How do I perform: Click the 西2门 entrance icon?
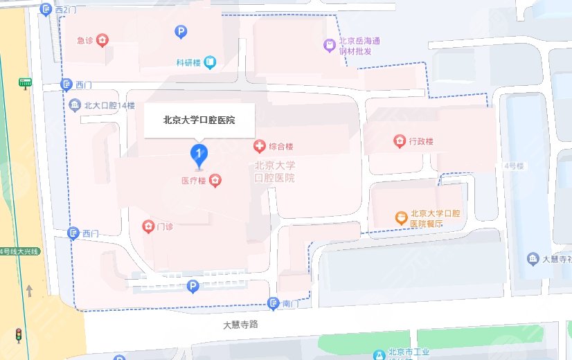[46, 10]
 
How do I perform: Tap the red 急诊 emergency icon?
[102, 41]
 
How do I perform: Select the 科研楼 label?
[188, 63]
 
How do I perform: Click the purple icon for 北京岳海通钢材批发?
[330, 46]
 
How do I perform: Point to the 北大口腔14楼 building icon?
[75, 105]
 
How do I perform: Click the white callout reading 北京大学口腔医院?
[199, 120]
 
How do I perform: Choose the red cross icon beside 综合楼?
[259, 146]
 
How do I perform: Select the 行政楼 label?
[420, 142]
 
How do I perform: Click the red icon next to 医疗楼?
[216, 181]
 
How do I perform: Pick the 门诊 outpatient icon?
[148, 226]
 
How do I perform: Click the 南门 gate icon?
[274, 303]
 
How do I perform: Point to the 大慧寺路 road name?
[240, 324]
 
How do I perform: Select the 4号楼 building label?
[513, 165]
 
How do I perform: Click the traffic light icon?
[19, 336]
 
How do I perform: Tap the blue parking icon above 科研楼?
[180, 31]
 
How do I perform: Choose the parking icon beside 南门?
[194, 286]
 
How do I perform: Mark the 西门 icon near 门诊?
[73, 233]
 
